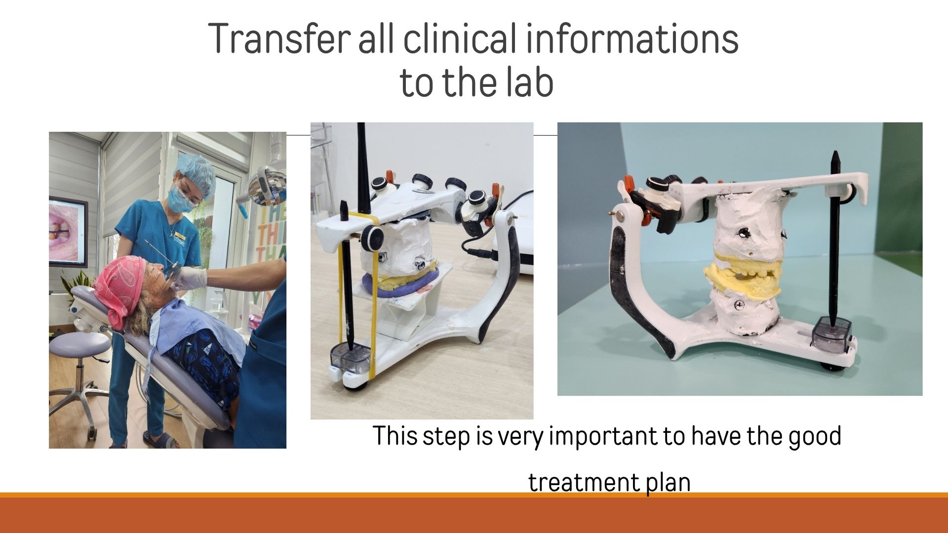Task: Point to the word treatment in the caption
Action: (x=584, y=482)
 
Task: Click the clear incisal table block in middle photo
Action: (x=351, y=358)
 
